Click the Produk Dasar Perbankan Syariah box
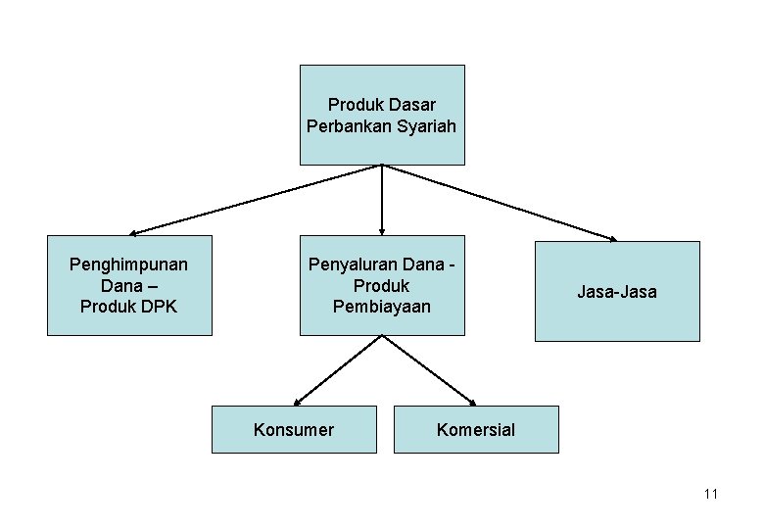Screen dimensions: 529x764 coord(382,115)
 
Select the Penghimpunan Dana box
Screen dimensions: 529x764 coord(129,285)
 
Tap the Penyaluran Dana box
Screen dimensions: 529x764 coord(382,285)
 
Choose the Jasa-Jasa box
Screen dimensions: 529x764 coord(617,291)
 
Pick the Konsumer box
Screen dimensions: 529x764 coord(294,429)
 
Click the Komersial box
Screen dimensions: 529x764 coord(476,429)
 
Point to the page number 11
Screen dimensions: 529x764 coord(710,494)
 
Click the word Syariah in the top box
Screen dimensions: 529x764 coord(427,126)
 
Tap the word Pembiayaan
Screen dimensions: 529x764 coord(382,307)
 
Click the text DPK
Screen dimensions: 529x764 coord(158,307)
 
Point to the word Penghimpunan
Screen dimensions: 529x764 coord(129,264)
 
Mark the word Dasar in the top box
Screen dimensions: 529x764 coord(414,104)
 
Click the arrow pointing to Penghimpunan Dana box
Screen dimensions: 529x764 coord(255,200)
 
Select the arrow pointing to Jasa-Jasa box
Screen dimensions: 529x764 coord(500,201)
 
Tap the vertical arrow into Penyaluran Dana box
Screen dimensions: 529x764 coord(382,200)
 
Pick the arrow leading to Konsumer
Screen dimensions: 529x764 coord(338,369)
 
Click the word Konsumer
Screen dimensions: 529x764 coord(294,429)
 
